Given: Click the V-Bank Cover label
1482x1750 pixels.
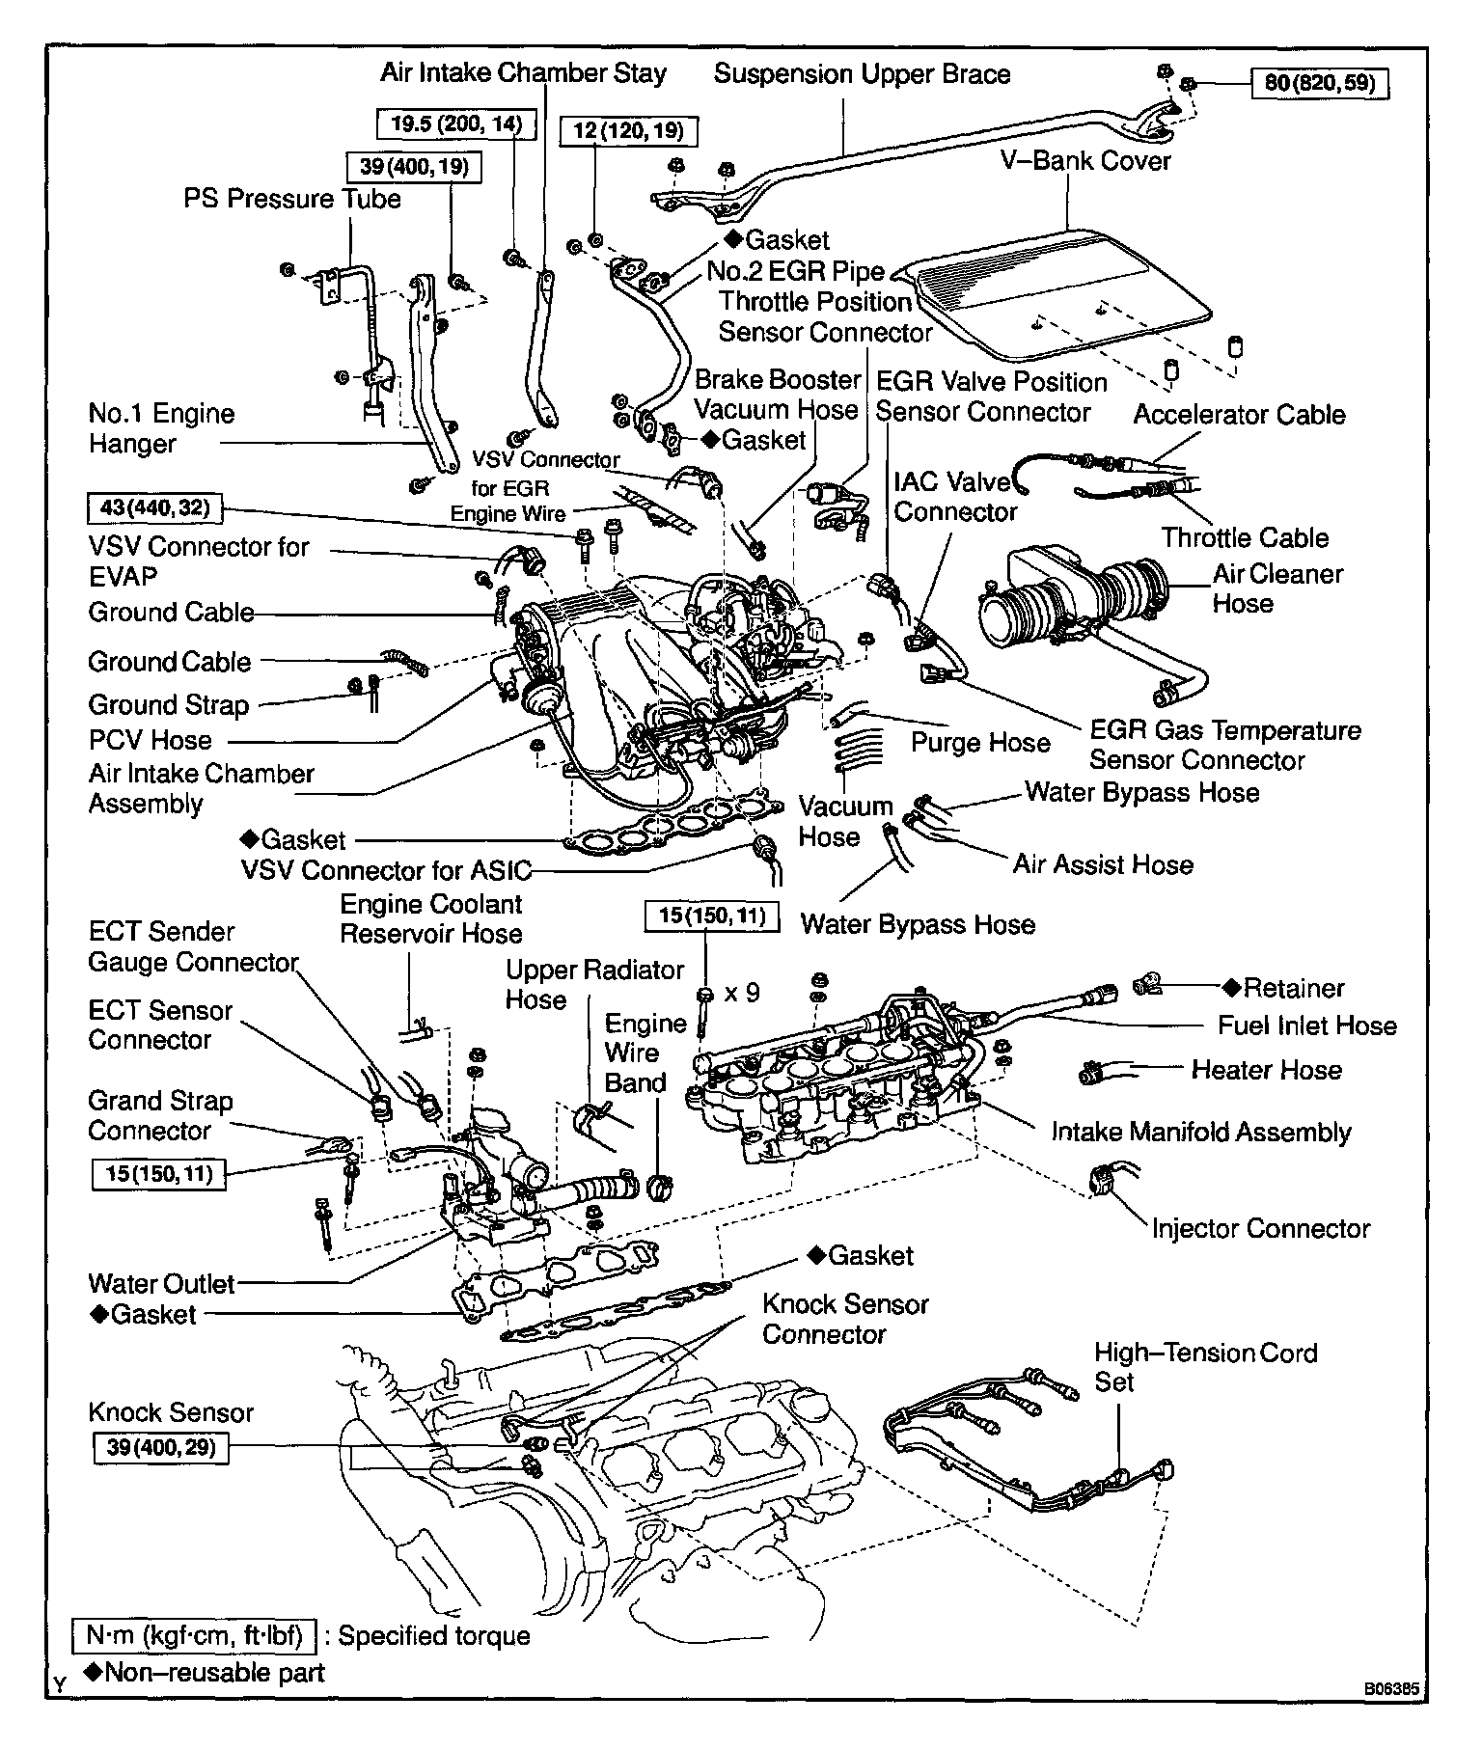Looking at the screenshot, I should [x=1085, y=160].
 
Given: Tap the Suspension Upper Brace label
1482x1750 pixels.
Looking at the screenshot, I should [x=862, y=74].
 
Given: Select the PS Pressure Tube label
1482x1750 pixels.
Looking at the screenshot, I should [x=292, y=199].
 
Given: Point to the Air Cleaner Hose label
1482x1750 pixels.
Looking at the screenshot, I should [x=1276, y=588].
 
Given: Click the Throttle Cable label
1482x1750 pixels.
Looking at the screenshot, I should [x=1245, y=537].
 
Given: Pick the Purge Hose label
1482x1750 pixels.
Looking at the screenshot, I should [x=980, y=742].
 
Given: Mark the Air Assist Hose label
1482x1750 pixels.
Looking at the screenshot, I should [x=1103, y=864].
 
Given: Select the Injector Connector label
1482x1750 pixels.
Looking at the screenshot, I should [x=1260, y=1228].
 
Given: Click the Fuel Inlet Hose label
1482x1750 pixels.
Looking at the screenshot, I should [x=1306, y=1025].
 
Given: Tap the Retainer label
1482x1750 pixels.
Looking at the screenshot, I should [x=1292, y=988].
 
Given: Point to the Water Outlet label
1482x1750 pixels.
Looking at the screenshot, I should [x=161, y=1283].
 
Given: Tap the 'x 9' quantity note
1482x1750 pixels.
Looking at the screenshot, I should [x=742, y=992].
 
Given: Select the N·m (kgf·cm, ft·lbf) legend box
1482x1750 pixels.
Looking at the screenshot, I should [x=195, y=1635].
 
